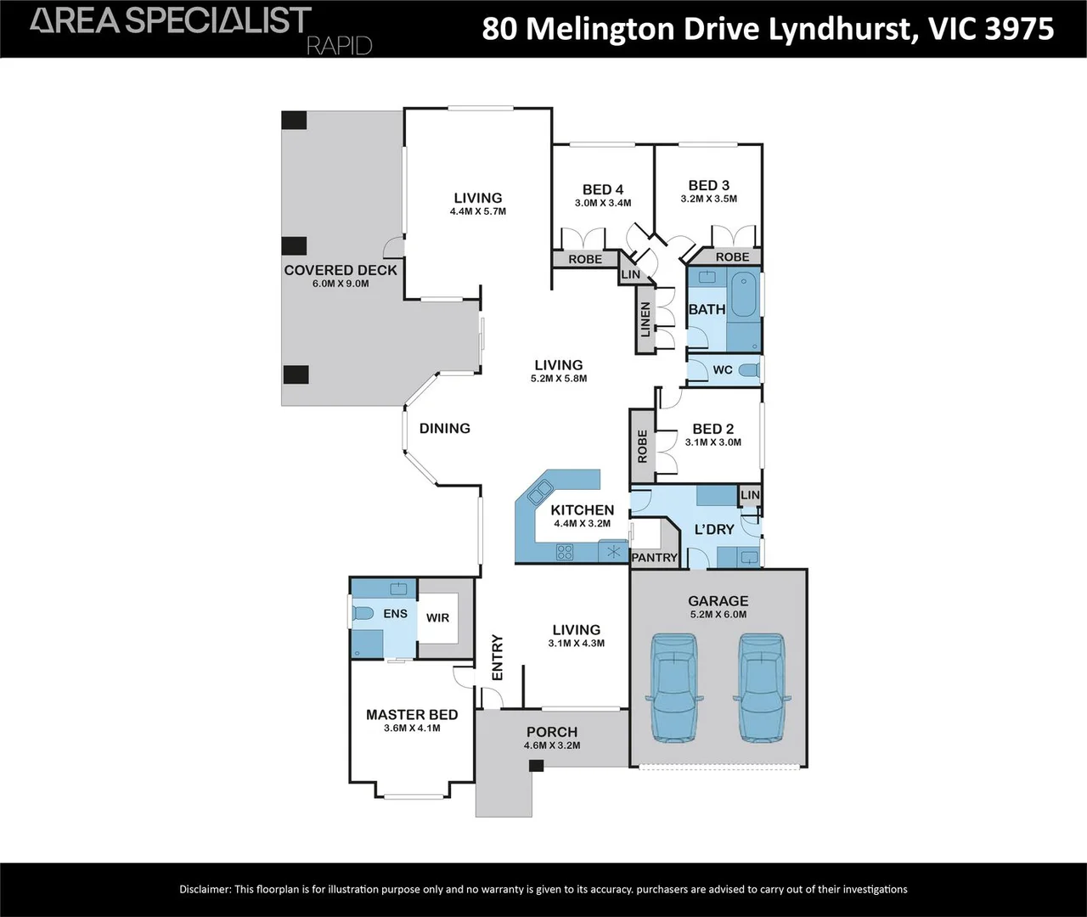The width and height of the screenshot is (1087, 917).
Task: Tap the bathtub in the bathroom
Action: pos(746,310)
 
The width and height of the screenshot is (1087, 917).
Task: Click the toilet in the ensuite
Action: pos(363,614)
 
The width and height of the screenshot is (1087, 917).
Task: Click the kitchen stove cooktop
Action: pos(565,552)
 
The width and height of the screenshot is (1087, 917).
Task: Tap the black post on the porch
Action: pos(536,765)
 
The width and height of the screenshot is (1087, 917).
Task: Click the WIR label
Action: pos(437,618)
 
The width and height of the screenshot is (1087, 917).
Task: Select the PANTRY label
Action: pos(655,558)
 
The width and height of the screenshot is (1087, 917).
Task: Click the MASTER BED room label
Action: pos(412,715)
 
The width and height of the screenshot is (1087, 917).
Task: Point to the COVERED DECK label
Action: pos(341,270)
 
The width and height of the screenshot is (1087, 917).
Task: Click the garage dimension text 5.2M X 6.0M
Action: pos(718,614)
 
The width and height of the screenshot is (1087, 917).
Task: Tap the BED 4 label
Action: pos(603,189)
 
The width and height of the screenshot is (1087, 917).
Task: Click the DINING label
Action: pos(445,428)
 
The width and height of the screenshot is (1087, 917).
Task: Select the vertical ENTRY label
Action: pos(498,657)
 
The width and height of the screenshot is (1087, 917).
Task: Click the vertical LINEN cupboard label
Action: pos(645,319)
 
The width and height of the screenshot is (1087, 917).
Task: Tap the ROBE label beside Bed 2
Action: pos(642,447)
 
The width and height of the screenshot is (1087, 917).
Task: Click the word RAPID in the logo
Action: pos(339,45)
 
